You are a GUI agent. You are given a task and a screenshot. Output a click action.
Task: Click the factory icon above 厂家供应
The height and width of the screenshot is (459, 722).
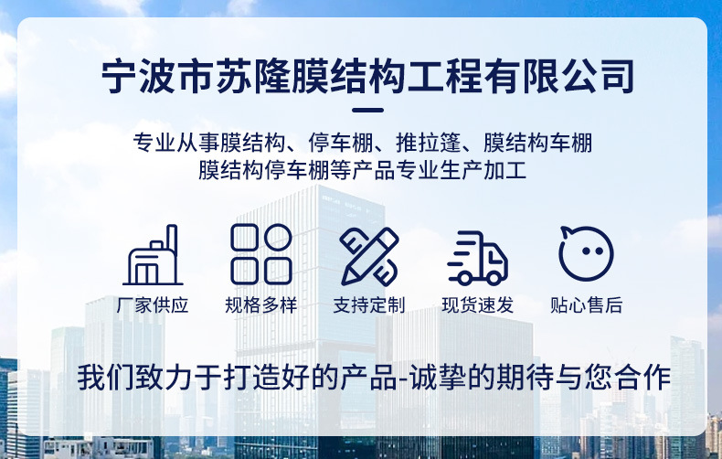tap(153, 256)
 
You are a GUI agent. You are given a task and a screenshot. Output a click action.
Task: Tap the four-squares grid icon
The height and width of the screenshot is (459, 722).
tap(260, 254)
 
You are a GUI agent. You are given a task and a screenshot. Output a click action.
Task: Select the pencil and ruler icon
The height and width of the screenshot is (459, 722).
tap(369, 255)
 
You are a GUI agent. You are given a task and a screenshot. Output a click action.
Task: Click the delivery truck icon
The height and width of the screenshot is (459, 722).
tap(477, 258)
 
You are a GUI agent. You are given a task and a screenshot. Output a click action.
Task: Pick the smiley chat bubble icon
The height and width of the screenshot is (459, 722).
tap(586, 253)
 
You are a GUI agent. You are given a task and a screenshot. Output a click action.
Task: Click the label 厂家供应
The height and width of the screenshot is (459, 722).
tap(153, 305)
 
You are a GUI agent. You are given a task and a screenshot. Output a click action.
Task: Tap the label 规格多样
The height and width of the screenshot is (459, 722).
tap(260, 305)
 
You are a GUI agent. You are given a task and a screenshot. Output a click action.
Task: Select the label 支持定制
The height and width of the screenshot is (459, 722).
tap(369, 305)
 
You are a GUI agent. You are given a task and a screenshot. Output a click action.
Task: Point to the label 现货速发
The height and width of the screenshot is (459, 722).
tap(477, 305)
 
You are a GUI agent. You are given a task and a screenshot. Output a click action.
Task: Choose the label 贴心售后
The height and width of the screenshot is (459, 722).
tap(586, 305)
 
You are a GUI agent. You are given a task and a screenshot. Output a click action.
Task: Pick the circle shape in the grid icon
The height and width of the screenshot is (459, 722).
tap(278, 238)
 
